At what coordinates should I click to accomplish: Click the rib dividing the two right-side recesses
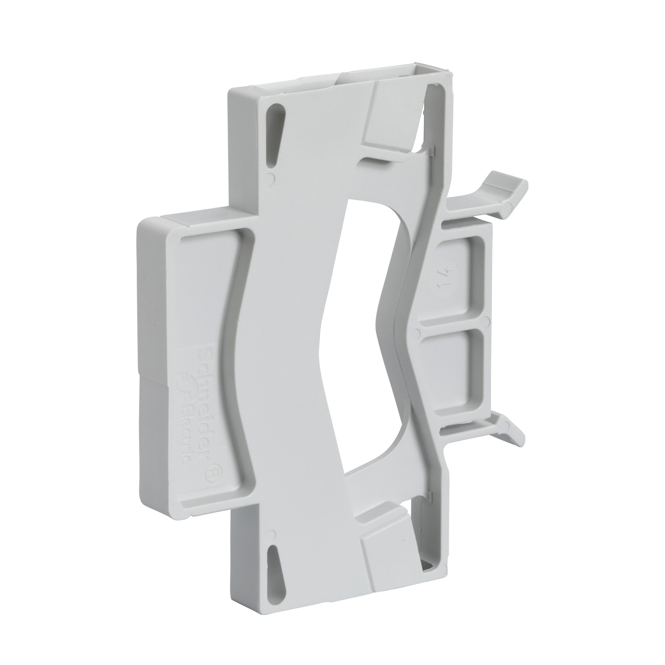453,325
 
